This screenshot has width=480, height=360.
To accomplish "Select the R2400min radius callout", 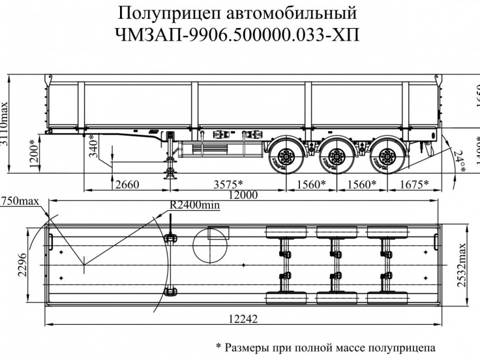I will pos(194,205).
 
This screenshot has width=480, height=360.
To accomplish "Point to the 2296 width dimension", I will pos(21,265).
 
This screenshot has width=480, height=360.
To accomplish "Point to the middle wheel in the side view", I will pos(337,157).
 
